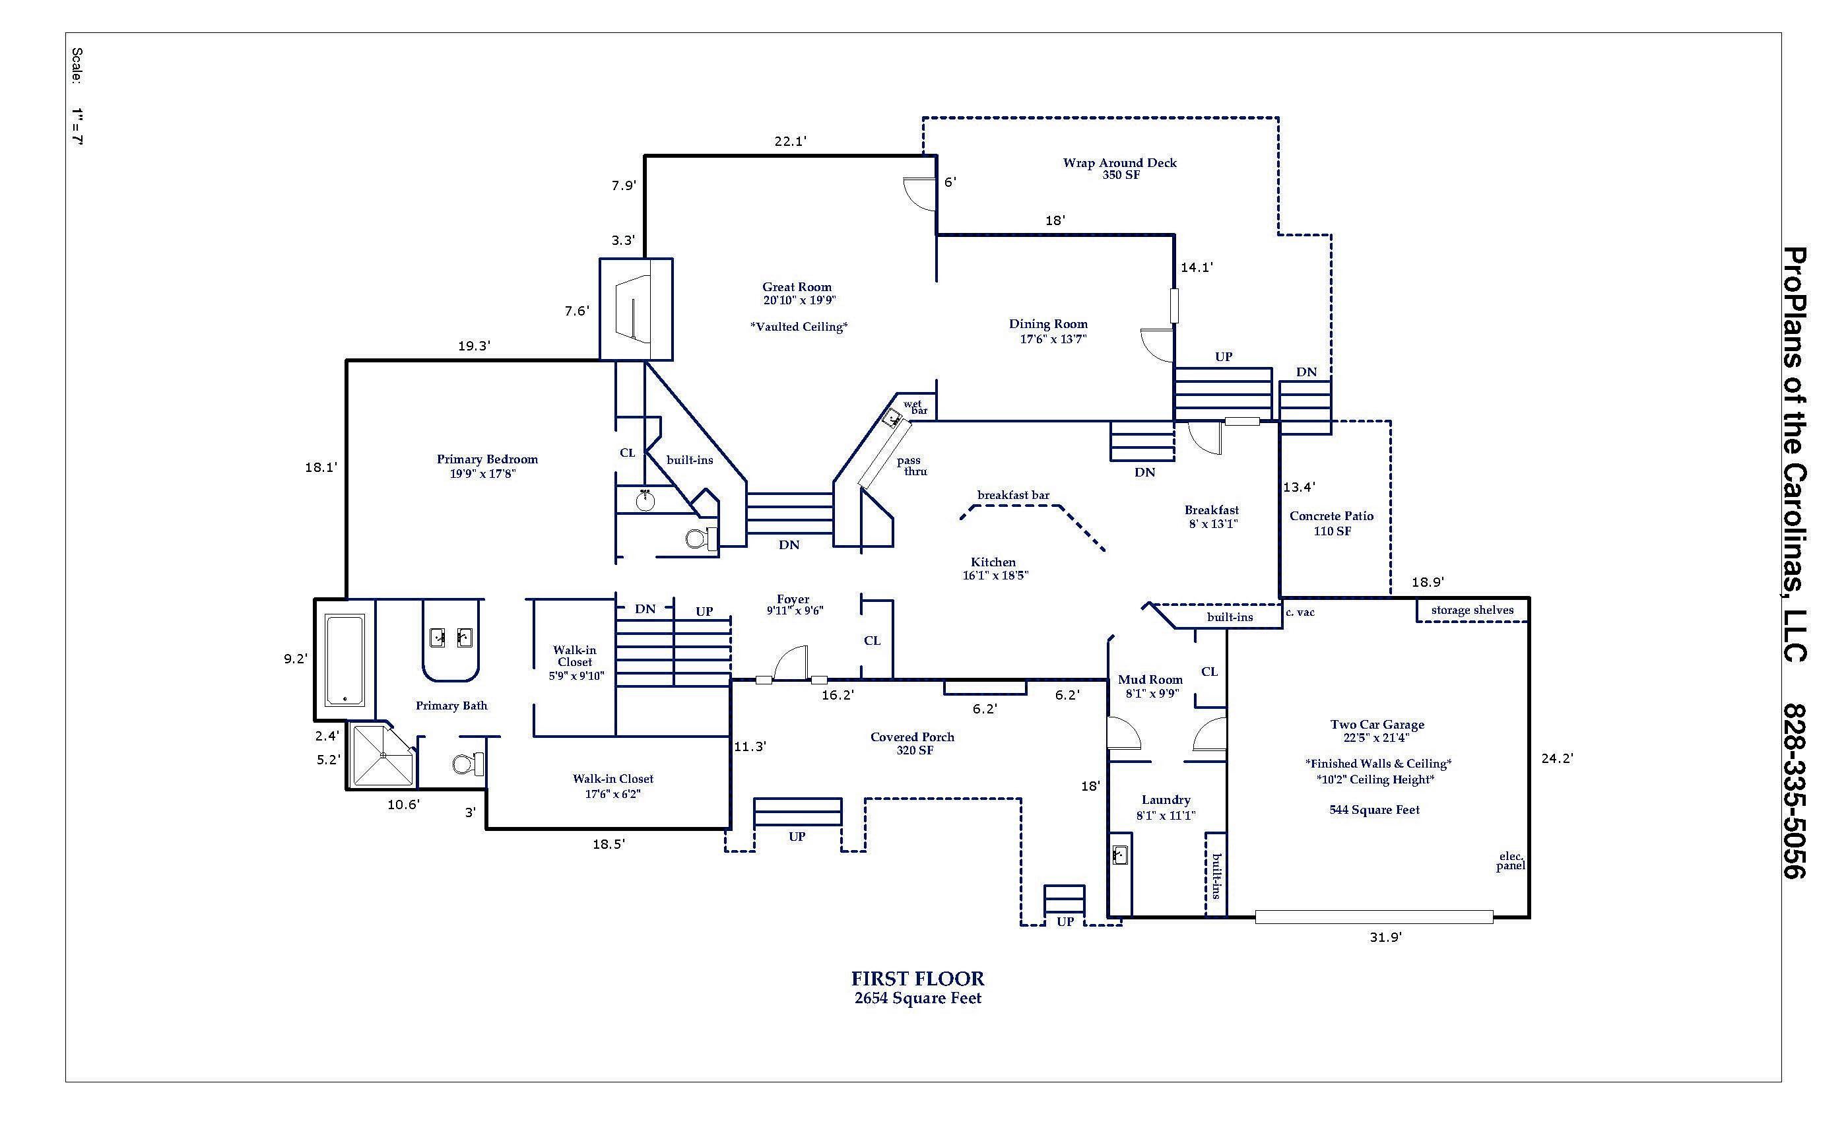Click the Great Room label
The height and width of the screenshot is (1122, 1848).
[x=797, y=286]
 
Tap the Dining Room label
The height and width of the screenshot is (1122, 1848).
[x=1048, y=324]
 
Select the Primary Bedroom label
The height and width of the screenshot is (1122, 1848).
[x=487, y=459]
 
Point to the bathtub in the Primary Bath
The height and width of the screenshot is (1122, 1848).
[x=345, y=660]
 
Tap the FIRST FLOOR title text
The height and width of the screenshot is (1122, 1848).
[x=917, y=979]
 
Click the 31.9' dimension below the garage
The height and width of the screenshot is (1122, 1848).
[x=1385, y=937]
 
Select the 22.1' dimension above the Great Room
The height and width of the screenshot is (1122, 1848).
[x=790, y=141]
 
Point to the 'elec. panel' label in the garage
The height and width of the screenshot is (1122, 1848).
[x=1511, y=861]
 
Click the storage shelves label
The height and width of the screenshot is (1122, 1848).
[x=1472, y=610]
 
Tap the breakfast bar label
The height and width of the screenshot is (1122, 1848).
[x=1013, y=495]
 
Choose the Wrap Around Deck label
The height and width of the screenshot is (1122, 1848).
[x=1120, y=163]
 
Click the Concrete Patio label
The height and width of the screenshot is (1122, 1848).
[x=1331, y=516]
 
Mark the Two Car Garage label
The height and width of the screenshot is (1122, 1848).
[x=1377, y=725]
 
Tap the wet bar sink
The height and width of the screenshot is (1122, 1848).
[x=893, y=418]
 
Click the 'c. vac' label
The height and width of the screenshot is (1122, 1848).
[x=1300, y=612]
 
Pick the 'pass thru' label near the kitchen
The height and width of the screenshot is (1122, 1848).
[x=911, y=466]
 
